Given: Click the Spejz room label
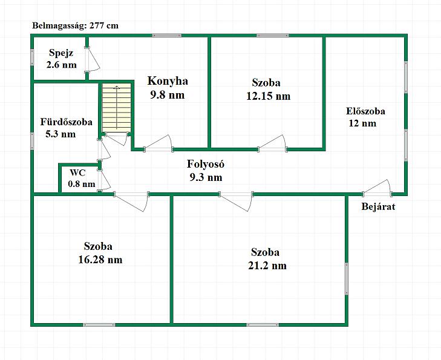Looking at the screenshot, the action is (61, 53).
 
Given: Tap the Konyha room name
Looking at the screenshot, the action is (168, 81).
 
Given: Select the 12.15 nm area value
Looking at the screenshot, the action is (269, 96).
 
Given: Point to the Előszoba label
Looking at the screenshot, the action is (365, 111).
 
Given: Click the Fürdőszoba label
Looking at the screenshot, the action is (66, 122).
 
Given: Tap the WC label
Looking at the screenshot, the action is (77, 172).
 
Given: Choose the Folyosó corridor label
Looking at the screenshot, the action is (206, 164).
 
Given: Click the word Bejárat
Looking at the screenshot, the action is (378, 207).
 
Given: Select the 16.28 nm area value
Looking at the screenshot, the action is (100, 260).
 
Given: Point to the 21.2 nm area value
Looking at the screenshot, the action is (267, 266).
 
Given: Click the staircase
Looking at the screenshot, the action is (116, 108).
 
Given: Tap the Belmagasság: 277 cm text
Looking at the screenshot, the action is (76, 25).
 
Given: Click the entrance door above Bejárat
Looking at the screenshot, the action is (377, 188).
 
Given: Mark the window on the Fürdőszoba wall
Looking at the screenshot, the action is (32, 141).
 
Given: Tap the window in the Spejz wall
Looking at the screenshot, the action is (32, 58).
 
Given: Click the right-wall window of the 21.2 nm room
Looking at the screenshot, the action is (347, 279).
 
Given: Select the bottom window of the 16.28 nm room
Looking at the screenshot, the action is (99, 325).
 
